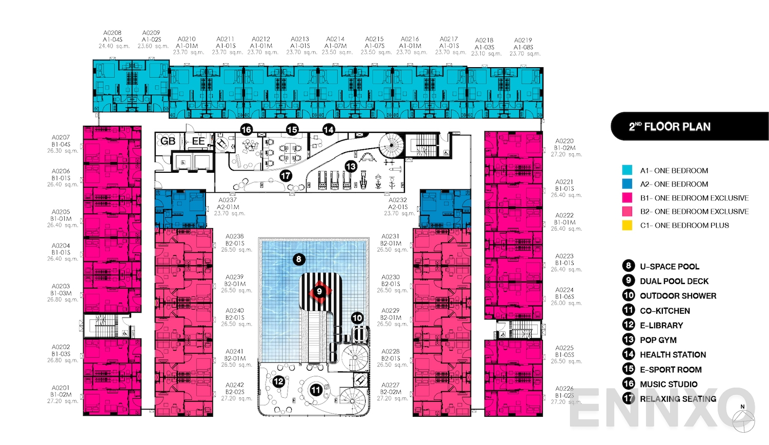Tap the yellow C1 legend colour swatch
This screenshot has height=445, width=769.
[x=627, y=225]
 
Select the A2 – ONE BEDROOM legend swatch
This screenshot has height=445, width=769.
[x=627, y=184]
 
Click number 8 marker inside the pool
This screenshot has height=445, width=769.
[x=298, y=259]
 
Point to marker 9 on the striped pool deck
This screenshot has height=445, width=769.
[x=319, y=291]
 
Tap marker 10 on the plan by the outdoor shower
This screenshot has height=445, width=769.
[x=357, y=318]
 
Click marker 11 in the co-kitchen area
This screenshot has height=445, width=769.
[x=316, y=390]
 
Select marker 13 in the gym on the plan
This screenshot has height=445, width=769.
[x=351, y=166]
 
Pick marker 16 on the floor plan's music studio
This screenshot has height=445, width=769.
[x=246, y=129]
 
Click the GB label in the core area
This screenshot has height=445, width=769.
[x=168, y=141]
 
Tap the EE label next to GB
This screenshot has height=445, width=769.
[x=198, y=141]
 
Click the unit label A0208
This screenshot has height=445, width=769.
[x=112, y=33]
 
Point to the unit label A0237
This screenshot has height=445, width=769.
[x=228, y=200]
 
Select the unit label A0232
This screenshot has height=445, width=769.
[x=398, y=200]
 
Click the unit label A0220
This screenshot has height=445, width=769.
[x=564, y=141]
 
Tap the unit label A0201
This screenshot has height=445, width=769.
[x=60, y=388]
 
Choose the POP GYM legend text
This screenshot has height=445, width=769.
[x=658, y=340]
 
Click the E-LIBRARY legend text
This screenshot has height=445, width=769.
[x=661, y=325]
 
